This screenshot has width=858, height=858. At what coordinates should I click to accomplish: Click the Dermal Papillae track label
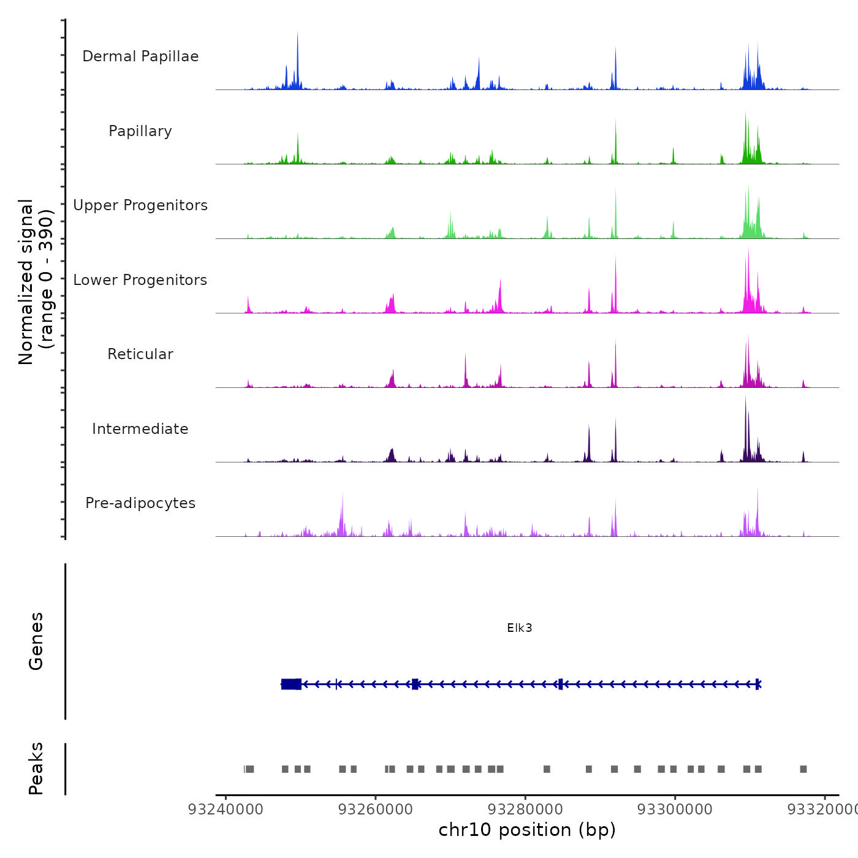pyautogui.click(x=140, y=56)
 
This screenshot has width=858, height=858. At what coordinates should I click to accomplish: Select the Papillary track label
pyautogui.click(x=140, y=131)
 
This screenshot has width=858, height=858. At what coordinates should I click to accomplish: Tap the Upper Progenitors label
pyautogui.click(x=140, y=205)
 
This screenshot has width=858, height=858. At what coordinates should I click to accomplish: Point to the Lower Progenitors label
pyautogui.click(x=140, y=280)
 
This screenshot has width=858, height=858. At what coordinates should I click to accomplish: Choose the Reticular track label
pyautogui.click(x=140, y=354)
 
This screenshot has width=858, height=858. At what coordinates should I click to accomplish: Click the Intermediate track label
pyautogui.click(x=140, y=429)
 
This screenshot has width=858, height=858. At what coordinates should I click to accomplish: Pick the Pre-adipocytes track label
pyautogui.click(x=140, y=503)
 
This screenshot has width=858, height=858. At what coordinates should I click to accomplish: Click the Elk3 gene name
pyautogui.click(x=520, y=628)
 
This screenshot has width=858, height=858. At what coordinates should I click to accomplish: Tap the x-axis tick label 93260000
pyautogui.click(x=376, y=810)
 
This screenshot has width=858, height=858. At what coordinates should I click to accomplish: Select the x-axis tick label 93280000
pyautogui.click(x=525, y=810)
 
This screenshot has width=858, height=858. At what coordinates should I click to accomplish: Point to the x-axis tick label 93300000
pyautogui.click(x=675, y=810)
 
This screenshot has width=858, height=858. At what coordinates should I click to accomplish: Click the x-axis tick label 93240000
pyautogui.click(x=226, y=810)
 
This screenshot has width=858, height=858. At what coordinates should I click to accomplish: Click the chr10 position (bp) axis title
pyautogui.click(x=527, y=830)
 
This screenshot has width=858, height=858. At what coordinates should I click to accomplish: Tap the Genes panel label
pyautogui.click(x=36, y=641)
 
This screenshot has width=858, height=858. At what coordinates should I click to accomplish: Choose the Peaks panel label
pyautogui.click(x=36, y=769)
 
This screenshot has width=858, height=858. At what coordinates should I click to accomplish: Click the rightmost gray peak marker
pyautogui.click(x=803, y=769)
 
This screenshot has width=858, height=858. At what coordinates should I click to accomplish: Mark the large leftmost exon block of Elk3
pyautogui.click(x=291, y=684)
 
